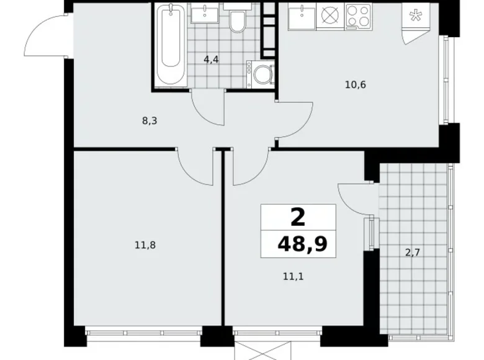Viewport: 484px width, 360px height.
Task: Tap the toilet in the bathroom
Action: coord(236,23)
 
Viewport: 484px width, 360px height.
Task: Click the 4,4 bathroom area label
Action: coord(212,60)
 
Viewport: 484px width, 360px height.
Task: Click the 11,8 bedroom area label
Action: coord(144,245)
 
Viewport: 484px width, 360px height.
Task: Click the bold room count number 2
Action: coord(298,217)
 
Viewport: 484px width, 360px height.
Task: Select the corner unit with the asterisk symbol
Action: coord(413,17)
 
